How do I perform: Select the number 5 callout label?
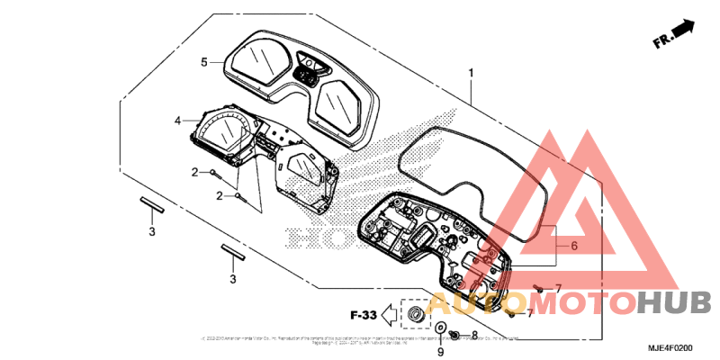coord(204,62)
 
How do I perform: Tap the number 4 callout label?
coord(178,120)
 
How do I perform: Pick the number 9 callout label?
coord(440,351)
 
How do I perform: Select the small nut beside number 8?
coord(455,336)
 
